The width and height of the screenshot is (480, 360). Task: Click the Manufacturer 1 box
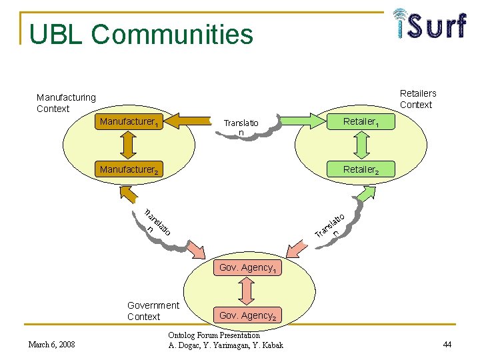tap(129, 121)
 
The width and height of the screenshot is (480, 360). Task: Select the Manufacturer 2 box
tap(129, 169)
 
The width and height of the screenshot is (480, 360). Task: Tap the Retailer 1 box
tap(361, 121)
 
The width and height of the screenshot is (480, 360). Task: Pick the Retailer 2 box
tap(361, 169)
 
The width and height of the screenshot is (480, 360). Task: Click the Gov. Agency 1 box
tap(247, 267)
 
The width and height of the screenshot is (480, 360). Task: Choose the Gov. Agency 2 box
tap(247, 315)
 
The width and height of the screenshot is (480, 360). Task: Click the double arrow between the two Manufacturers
tap(128, 145)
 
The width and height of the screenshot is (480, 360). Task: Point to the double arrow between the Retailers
tap(361, 145)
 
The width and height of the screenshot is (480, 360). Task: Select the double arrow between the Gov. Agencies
tap(247, 291)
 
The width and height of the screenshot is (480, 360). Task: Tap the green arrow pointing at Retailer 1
tap(303, 121)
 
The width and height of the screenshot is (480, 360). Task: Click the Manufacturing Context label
tap(66, 103)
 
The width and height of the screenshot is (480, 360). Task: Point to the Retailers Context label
tap(418, 99)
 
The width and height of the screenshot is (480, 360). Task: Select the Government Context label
tap(153, 311)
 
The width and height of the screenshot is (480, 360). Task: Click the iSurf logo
tap(430, 23)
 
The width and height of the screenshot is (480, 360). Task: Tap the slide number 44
tap(447, 345)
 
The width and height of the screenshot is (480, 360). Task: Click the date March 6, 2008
tap(51, 345)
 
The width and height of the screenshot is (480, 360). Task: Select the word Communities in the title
tap(172, 34)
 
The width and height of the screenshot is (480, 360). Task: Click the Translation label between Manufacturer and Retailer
tap(241, 127)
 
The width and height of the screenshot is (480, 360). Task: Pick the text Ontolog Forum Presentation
tap(214, 335)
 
